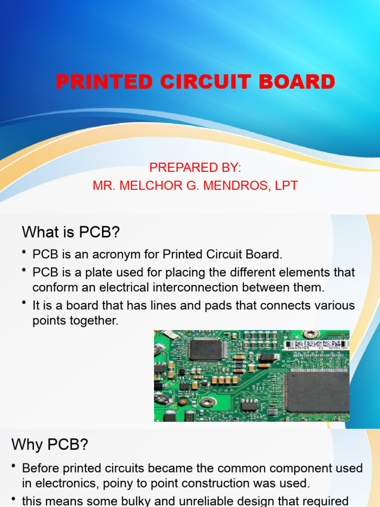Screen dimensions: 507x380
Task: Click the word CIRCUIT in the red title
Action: tap(207, 82)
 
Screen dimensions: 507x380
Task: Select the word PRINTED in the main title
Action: tap(104, 82)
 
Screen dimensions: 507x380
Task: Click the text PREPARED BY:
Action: tap(195, 168)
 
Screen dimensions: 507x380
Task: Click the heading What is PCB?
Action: tap(71, 232)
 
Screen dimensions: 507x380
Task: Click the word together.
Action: tap(92, 320)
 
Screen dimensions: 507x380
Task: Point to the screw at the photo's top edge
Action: tap(312, 334)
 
